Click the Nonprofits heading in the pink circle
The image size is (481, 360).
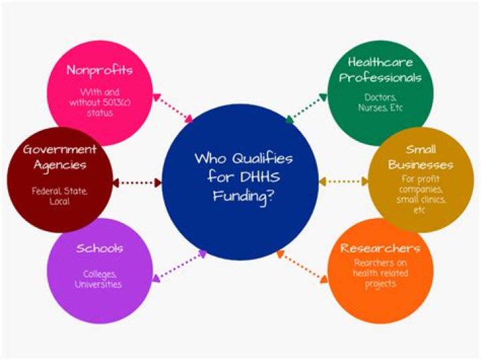100,70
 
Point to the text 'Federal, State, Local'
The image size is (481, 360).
59,196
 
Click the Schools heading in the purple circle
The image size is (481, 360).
100,248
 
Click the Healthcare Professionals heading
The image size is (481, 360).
380,69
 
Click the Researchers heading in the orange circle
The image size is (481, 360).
380,248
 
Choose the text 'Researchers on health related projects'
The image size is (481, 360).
380,273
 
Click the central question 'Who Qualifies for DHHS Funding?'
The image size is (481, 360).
243,177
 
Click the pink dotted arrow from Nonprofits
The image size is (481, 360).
172,108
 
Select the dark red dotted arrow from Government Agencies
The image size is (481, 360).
138,182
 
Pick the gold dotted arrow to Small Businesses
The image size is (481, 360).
343,182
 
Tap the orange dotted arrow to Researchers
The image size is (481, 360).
303,267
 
